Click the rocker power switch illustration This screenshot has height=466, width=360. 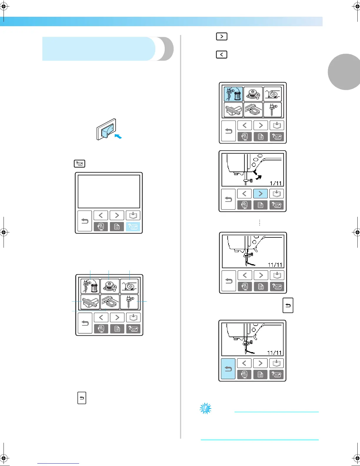[x=106, y=129]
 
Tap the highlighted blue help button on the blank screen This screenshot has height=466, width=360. [x=133, y=227]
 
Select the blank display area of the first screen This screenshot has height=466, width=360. [x=109, y=192]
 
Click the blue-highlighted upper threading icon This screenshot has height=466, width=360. [x=233, y=94]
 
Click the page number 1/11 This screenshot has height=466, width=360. [x=276, y=183]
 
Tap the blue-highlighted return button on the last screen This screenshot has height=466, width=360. [x=228, y=369]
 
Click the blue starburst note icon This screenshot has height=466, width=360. [x=205, y=408]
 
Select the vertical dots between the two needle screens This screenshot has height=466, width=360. [x=259, y=222]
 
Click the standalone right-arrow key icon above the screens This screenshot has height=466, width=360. [x=221, y=36]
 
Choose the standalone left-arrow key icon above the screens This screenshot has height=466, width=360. [x=221, y=54]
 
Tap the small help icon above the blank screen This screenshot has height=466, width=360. [x=79, y=164]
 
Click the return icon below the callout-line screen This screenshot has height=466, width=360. [x=82, y=398]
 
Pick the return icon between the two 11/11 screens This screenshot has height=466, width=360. [x=288, y=305]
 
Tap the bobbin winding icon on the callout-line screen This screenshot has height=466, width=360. [x=110, y=286]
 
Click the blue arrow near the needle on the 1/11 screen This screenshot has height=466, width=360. [x=258, y=177]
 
